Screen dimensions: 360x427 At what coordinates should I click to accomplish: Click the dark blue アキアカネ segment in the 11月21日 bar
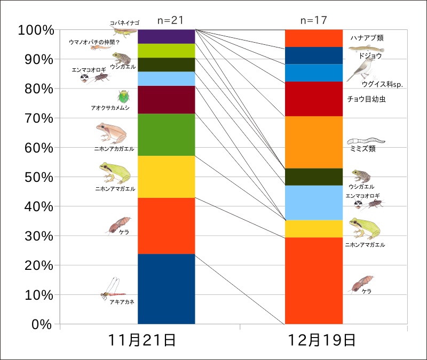click(166, 289)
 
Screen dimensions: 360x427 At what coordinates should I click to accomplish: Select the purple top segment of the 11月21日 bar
click(166, 36)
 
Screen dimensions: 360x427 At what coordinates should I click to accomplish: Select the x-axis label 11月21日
click(143, 340)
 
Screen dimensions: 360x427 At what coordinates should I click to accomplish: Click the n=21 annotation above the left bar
click(171, 20)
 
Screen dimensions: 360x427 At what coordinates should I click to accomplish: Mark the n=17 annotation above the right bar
click(314, 20)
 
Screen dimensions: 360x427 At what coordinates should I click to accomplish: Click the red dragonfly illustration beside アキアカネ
click(114, 290)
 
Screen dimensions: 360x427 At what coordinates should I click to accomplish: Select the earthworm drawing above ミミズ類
click(366, 141)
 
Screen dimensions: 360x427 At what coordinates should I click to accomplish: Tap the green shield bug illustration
click(124, 97)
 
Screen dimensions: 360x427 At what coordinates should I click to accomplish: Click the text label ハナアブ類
click(367, 38)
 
